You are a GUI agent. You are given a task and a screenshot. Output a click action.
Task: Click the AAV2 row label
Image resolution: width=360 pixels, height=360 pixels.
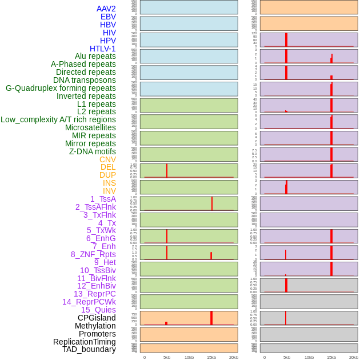coord(106,9)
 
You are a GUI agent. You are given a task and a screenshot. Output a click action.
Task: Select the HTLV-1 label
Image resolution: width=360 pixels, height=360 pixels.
coord(102,49)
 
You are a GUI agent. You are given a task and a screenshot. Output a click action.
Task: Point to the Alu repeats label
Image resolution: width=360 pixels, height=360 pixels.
coord(95,56)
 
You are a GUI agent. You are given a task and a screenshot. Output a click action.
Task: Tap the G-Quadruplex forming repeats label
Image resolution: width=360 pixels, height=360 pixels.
coord(61,88)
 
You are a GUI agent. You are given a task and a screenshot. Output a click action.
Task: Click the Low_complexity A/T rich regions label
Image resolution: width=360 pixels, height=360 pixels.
coord(58,119)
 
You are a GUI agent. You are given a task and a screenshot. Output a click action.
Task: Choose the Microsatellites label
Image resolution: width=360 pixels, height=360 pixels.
coord(90,127)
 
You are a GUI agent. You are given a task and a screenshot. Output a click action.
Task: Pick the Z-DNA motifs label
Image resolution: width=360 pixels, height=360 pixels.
coord(93,151)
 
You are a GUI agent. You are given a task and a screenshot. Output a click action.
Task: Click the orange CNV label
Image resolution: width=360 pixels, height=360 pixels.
coord(107,159)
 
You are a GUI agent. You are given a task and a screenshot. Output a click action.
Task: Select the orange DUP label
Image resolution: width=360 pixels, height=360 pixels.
coord(107,175)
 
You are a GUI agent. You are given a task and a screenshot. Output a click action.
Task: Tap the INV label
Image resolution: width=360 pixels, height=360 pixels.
coord(109,191)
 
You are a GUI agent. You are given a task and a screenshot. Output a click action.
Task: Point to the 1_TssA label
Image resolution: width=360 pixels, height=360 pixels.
coord(103,199)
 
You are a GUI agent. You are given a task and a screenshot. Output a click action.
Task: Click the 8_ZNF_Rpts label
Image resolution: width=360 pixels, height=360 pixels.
coord(93,254)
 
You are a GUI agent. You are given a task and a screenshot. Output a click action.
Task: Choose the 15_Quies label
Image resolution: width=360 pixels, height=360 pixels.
coord(98,310)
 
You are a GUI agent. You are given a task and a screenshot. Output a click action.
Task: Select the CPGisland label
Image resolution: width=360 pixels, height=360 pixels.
coord(97,318)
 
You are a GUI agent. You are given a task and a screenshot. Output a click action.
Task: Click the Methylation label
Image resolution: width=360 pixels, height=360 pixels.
coord(95,326)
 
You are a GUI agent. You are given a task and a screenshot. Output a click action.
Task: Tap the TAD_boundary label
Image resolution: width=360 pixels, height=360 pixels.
coord(89,349)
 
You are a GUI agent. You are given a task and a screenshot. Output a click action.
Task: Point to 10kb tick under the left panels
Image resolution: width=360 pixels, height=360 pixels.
coord(189,357)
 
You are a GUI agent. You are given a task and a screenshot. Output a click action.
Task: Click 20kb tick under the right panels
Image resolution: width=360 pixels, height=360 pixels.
coord(354,357)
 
